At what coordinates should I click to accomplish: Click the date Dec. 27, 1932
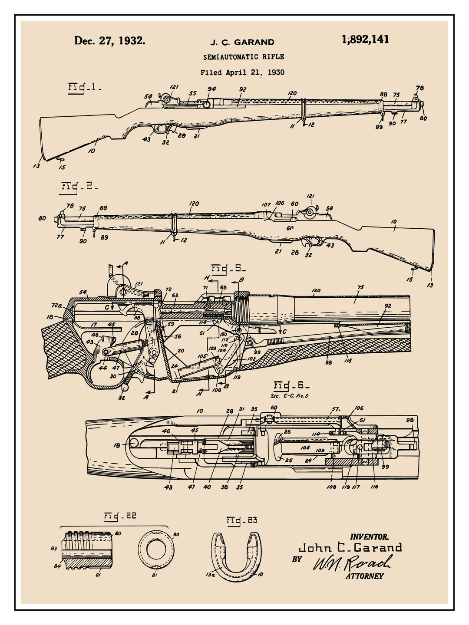tap(109, 41)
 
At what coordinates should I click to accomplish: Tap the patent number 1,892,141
tap(365, 39)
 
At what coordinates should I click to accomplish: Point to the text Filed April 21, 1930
tap(242, 72)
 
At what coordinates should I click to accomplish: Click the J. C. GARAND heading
tap(242, 42)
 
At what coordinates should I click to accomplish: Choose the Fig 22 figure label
tap(120, 516)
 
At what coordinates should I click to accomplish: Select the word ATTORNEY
tap(364, 576)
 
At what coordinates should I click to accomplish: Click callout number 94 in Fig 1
tap(211, 89)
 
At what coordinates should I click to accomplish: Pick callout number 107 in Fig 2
tap(266, 204)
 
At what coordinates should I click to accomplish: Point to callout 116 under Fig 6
tap(374, 487)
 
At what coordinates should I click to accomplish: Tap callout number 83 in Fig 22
tap(54, 549)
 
